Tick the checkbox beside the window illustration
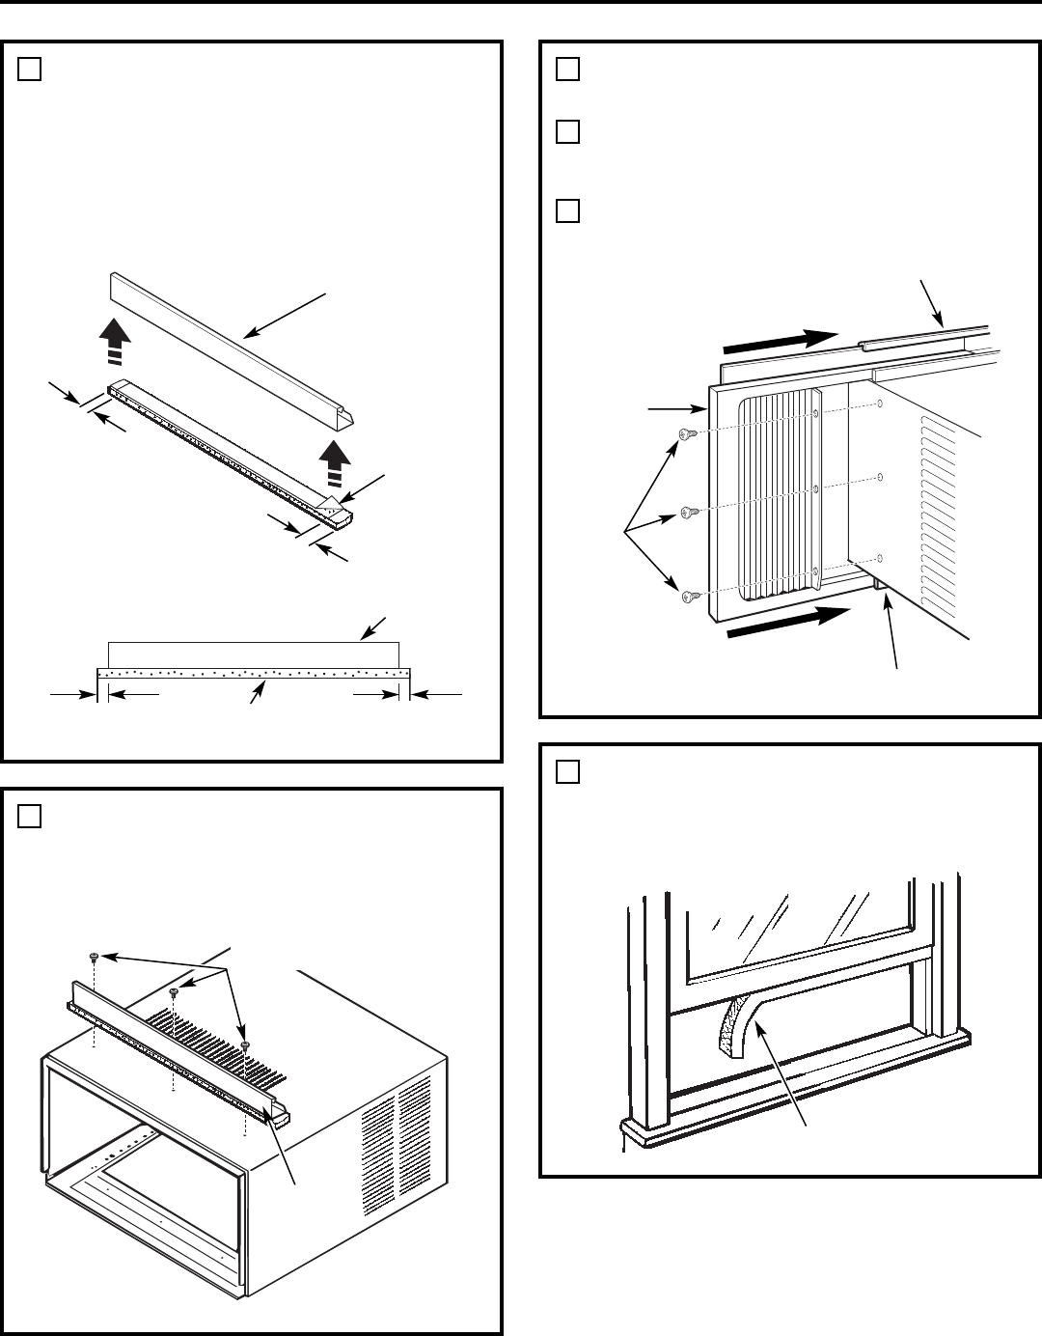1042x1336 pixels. coord(568,772)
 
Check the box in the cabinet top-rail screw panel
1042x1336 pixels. coord(29,817)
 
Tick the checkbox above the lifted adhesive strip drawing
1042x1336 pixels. coord(29,70)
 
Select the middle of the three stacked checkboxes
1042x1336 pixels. coord(568,132)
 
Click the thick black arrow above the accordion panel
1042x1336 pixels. coord(778,342)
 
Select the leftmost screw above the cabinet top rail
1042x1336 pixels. coord(94,957)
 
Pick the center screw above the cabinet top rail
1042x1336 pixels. coord(174,992)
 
